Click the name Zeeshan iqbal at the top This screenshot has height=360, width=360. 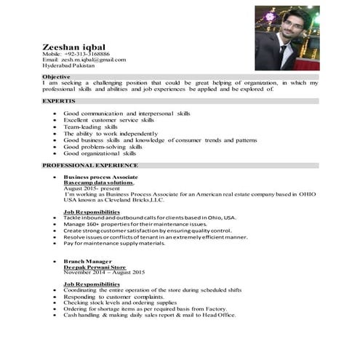click(x=75, y=47)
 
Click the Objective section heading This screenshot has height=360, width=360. click(x=57, y=76)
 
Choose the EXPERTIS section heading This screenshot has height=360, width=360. click(x=58, y=101)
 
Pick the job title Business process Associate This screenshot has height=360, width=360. click(x=101, y=177)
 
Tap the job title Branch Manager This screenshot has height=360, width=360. click(x=88, y=260)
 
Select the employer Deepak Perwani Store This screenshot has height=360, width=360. click(x=95, y=266)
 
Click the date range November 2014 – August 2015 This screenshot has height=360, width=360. click(x=105, y=272)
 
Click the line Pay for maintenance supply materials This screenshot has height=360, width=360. click(x=114, y=243)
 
